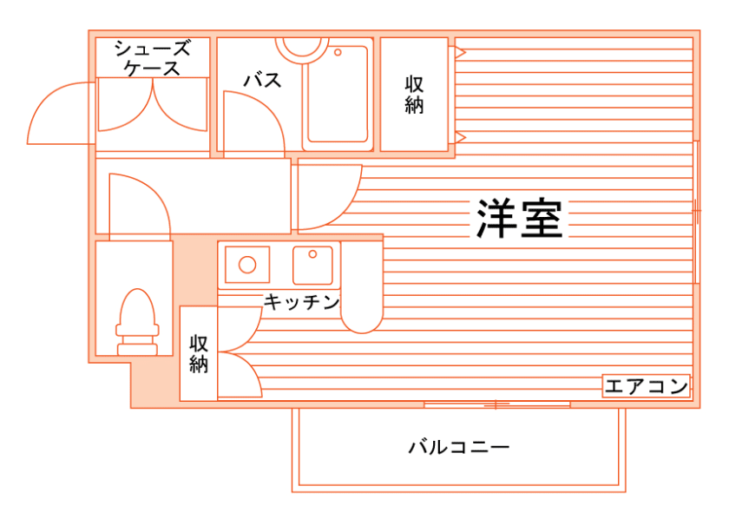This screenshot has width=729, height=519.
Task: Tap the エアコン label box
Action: [x=647, y=386]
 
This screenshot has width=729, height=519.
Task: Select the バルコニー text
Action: [x=458, y=448]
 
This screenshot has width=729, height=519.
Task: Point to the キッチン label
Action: [x=300, y=302]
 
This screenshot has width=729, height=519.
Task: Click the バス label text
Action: [x=261, y=81]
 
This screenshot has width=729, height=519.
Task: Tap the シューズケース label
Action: [x=152, y=57]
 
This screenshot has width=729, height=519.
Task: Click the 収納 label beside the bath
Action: [x=415, y=95]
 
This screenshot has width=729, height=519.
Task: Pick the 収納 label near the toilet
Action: [x=199, y=353]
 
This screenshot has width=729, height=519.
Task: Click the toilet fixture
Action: [x=137, y=321]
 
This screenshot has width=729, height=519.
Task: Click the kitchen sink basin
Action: [x=312, y=265]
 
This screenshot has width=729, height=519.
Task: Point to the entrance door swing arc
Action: [x=59, y=113]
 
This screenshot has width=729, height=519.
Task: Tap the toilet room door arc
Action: [x=139, y=204]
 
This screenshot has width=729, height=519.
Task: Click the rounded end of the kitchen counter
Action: [x=361, y=317]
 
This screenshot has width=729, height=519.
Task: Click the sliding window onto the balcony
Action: [x=496, y=404]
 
